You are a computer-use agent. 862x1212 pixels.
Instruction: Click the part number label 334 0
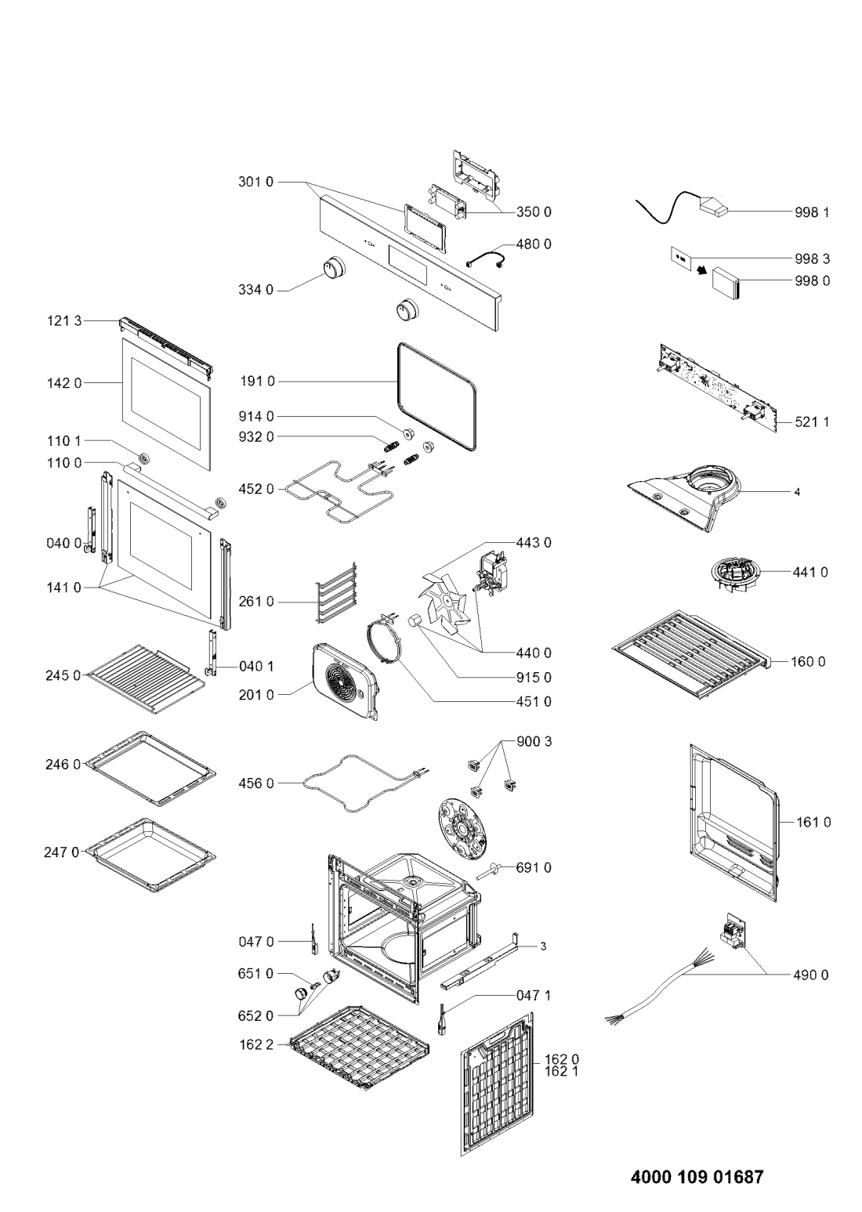[256, 290]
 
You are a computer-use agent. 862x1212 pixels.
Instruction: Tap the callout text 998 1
[812, 212]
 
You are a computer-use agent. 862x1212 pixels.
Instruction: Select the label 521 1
[812, 421]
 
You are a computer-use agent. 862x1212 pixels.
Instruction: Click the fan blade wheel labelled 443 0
[442, 602]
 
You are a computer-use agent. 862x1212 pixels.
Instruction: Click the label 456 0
[256, 783]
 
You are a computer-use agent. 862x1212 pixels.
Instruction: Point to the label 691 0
[534, 867]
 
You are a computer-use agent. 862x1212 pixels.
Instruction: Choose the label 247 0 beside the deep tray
[61, 852]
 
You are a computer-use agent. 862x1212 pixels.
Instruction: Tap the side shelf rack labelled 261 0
[337, 592]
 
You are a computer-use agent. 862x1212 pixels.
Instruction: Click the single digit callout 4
[797, 492]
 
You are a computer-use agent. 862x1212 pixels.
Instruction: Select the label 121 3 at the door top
[63, 321]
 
